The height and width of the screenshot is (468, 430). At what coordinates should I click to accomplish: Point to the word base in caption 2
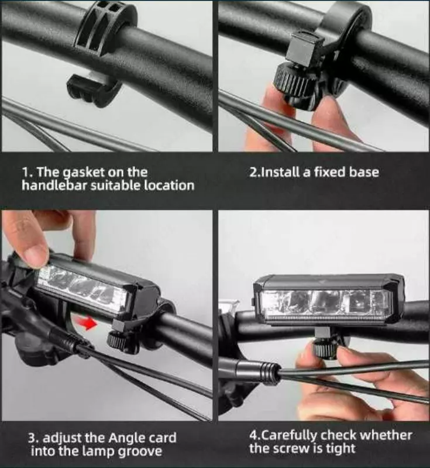coord(363,172)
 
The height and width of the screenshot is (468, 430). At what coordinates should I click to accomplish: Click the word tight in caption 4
coord(340,448)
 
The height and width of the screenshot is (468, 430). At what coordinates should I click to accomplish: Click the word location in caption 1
coord(169,185)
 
